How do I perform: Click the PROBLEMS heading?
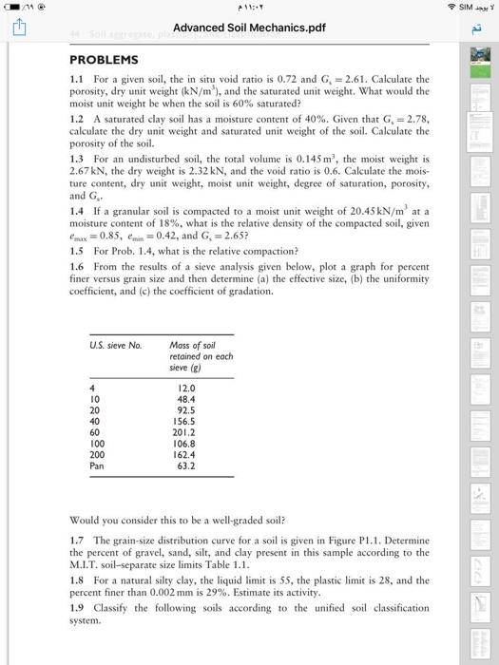pyautogui.click(x=104, y=59)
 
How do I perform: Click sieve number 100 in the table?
pyautogui.click(x=96, y=440)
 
